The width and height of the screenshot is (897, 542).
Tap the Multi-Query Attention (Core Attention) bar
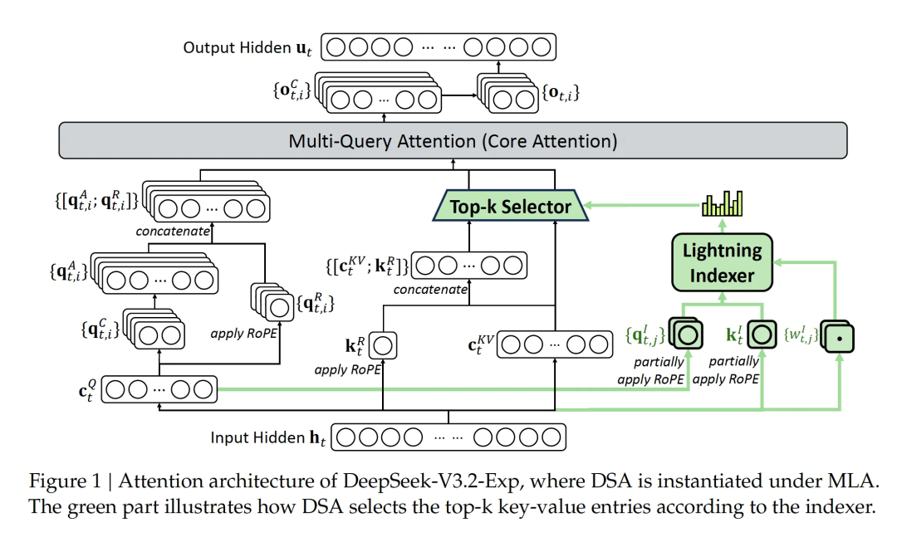(453, 141)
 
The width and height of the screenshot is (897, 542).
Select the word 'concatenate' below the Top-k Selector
(430, 289)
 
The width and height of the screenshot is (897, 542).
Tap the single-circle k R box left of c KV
(384, 344)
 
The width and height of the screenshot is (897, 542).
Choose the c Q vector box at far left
(159, 389)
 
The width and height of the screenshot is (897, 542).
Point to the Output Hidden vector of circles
(439, 46)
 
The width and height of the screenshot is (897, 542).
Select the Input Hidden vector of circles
(448, 437)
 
